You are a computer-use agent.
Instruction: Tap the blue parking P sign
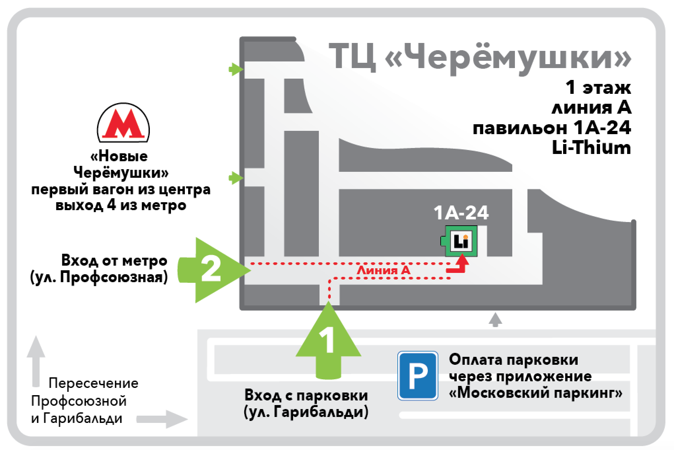(418, 376)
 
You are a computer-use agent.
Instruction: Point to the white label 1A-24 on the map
(461, 213)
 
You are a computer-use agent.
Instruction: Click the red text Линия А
(384, 271)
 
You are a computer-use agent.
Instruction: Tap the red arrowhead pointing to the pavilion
(462, 260)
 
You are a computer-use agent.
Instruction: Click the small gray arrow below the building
(495, 320)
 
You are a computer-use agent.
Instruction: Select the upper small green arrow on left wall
(236, 69)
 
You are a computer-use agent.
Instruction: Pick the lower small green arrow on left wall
(236, 178)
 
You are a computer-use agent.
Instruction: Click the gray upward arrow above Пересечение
(36, 360)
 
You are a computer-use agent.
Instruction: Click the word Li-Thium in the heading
(591, 148)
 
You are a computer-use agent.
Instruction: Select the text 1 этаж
(598, 88)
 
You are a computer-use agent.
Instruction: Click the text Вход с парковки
(306, 395)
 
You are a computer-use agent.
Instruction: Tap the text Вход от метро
(114, 261)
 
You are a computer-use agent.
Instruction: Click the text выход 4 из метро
(121, 206)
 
